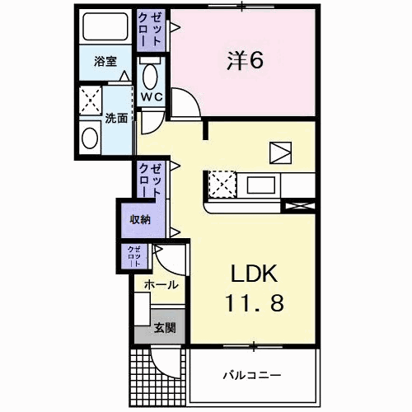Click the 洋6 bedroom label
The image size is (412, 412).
tap(245, 60)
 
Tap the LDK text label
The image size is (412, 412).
tap(254, 274)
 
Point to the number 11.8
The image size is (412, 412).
tap(254, 303)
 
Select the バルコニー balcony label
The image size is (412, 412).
tap(252, 375)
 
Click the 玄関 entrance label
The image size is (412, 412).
tap(165, 328)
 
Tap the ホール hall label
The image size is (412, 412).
tap(162, 285)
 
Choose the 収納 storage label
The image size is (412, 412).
tap(140, 219)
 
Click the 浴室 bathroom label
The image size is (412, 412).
tap(105, 61)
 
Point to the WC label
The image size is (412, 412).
tap(152, 96)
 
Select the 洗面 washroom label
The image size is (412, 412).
tap(116, 119)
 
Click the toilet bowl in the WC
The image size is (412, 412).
tap(150, 77)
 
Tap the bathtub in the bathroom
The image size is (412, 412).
tap(105, 27)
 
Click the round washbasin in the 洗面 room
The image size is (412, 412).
tap(90, 138)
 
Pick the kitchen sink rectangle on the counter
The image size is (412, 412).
tap(261, 185)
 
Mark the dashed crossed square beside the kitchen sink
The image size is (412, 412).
tap(222, 185)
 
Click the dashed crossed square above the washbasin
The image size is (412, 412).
tap(91, 101)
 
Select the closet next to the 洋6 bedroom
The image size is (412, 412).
tap(151, 30)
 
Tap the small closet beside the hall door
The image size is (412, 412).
tap(134, 256)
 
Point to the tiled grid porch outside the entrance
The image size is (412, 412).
tap(157, 377)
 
